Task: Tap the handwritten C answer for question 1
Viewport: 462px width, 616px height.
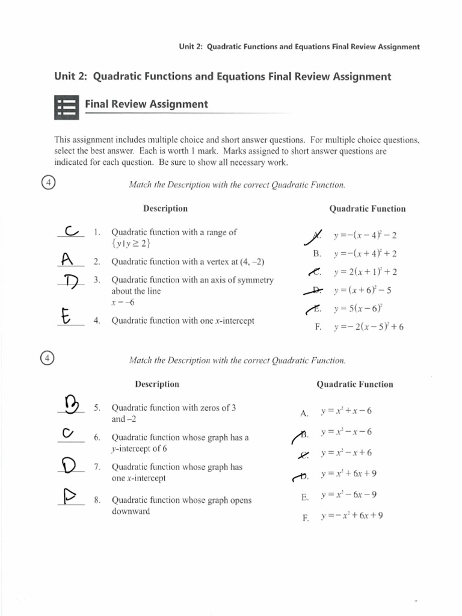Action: [71, 232]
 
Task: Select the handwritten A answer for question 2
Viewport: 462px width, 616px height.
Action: [67, 259]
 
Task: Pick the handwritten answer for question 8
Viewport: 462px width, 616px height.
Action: [71, 496]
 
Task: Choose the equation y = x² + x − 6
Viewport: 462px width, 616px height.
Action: [346, 411]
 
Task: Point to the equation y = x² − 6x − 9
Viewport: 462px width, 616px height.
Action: [348, 495]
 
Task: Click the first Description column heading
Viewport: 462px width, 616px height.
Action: [165, 209]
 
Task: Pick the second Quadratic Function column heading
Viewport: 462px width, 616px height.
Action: [354, 384]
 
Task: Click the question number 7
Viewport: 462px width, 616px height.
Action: [97, 467]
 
